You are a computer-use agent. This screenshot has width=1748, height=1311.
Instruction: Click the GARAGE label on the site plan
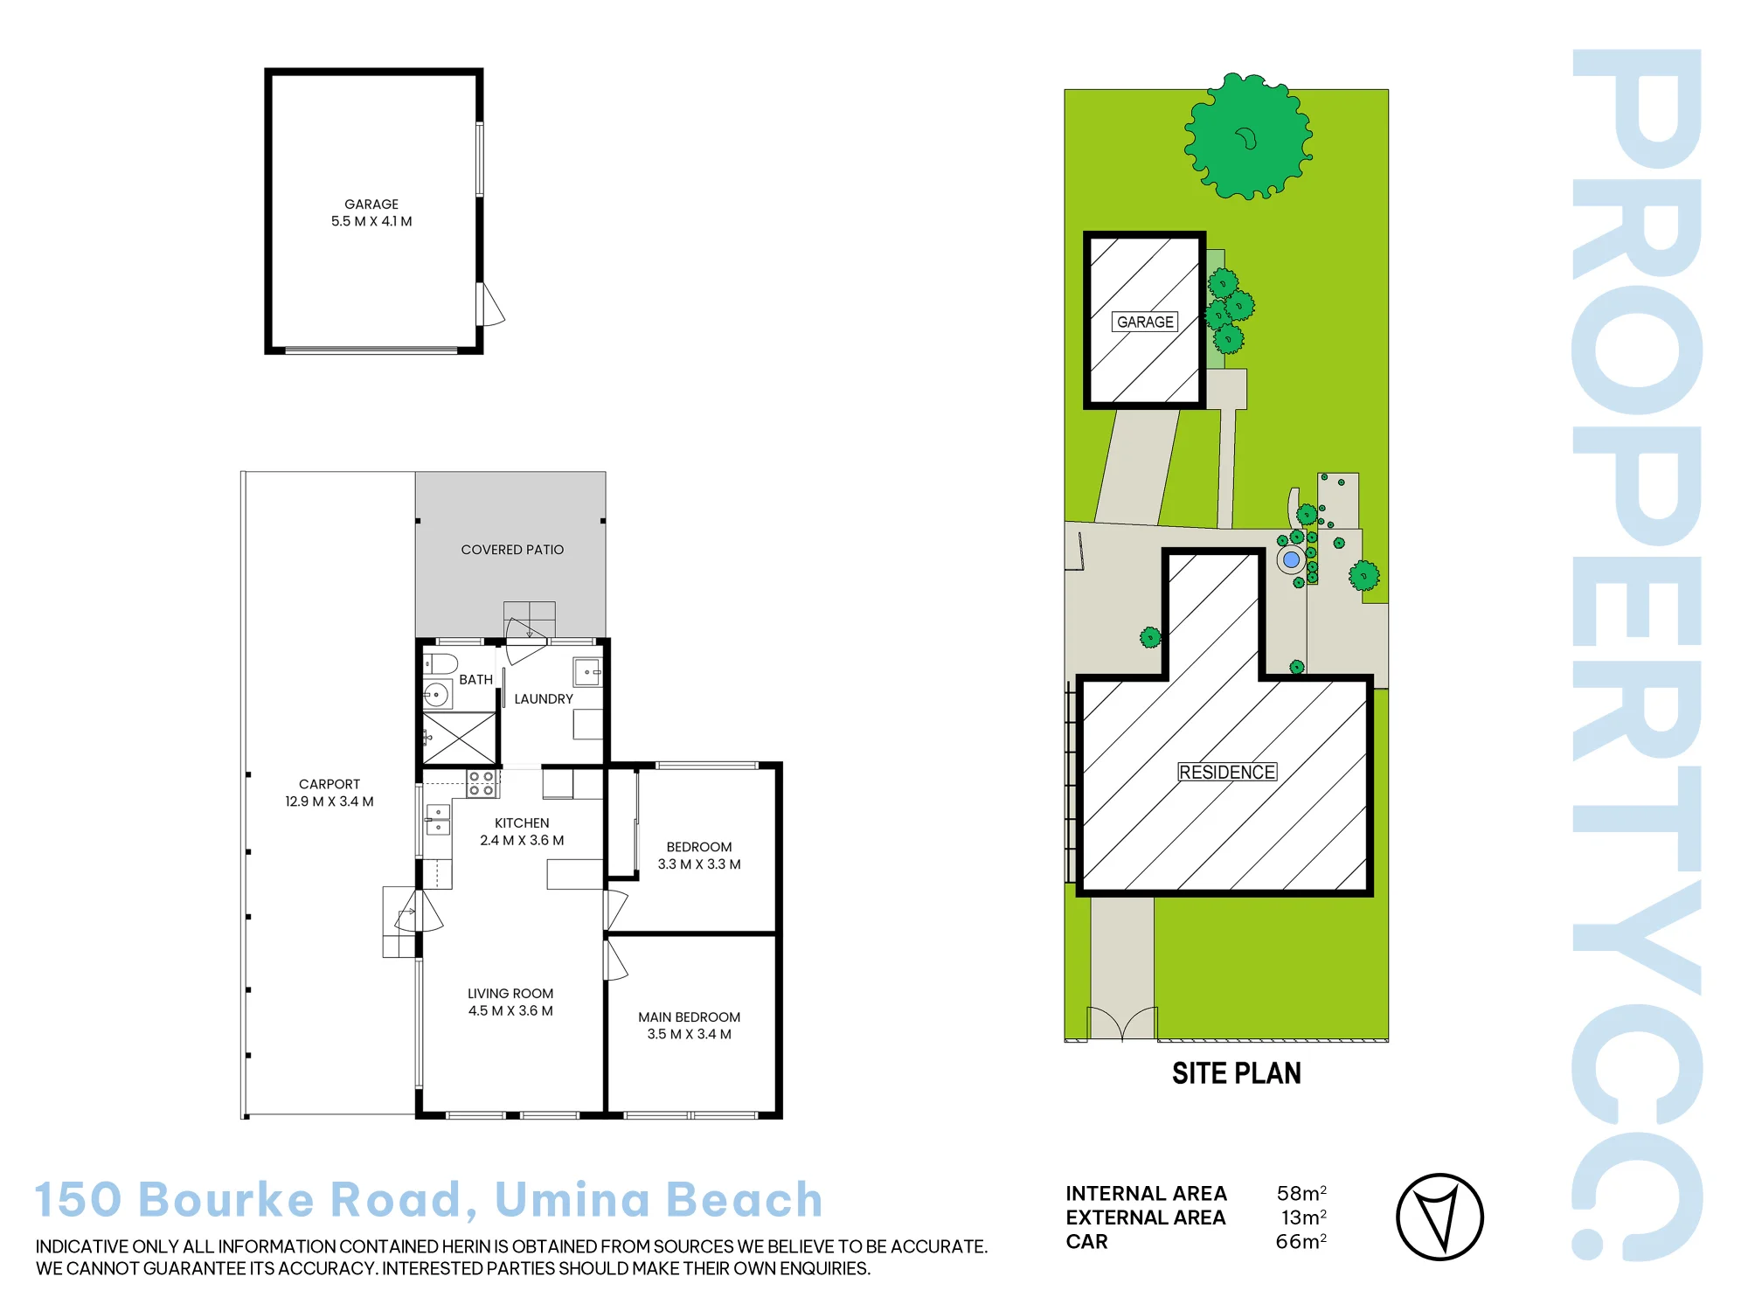click(1145, 322)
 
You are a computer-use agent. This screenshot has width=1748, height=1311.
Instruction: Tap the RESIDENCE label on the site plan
click(1227, 772)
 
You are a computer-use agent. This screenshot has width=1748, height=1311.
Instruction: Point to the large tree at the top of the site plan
click(1248, 136)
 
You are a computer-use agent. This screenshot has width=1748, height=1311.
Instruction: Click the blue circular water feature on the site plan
click(1291, 559)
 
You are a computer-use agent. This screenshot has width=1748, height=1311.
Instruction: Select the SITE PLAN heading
click(1237, 1073)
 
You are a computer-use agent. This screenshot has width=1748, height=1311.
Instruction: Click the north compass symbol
click(1439, 1217)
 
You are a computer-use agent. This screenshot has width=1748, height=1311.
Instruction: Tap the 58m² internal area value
click(1301, 1193)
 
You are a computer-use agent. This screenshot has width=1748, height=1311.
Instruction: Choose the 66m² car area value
click(1301, 1241)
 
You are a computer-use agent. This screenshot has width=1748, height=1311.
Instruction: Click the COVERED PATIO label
click(512, 550)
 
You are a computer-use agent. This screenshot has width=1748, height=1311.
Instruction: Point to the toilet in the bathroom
click(440, 663)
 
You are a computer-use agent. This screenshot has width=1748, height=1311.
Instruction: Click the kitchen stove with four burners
click(482, 783)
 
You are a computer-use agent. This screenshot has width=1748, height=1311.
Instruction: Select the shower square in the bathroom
click(459, 739)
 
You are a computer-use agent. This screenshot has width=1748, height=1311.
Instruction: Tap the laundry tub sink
click(587, 672)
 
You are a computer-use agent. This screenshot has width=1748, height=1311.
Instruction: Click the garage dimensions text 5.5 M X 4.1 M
click(371, 221)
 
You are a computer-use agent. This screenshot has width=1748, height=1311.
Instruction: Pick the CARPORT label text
click(329, 784)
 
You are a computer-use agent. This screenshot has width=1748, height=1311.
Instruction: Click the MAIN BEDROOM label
click(690, 1017)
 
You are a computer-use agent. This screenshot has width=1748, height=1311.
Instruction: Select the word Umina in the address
click(573, 1199)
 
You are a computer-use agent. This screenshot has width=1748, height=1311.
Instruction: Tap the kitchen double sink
click(438, 820)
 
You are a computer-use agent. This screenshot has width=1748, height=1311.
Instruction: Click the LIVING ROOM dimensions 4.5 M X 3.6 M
click(510, 1011)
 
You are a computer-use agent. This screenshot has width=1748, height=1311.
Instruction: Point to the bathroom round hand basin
click(436, 695)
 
